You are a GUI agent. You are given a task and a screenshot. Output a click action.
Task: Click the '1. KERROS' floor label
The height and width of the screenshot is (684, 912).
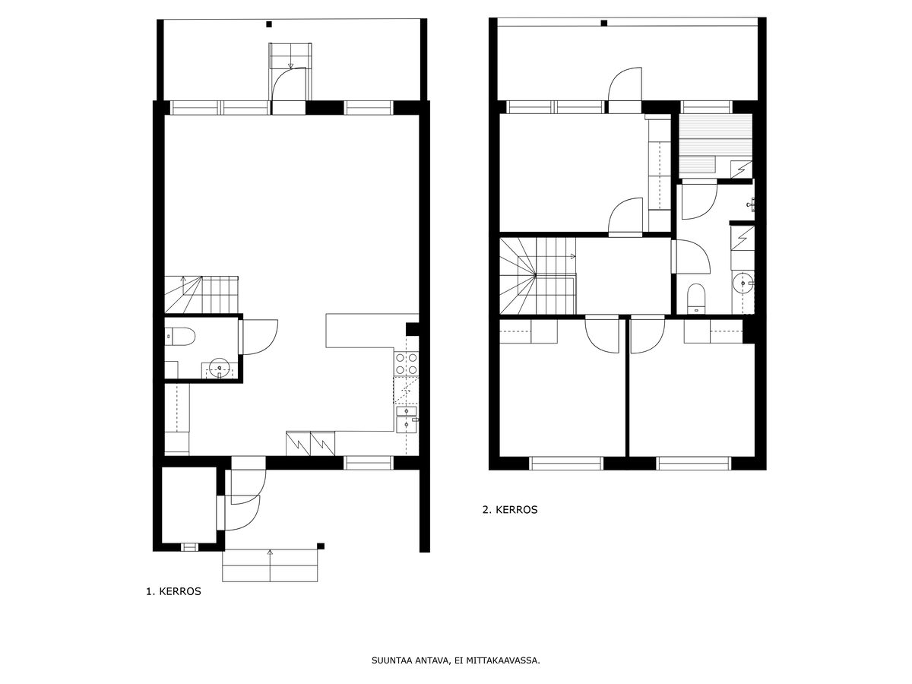[173, 591]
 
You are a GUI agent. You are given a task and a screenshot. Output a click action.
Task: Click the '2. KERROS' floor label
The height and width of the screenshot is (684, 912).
[510, 509]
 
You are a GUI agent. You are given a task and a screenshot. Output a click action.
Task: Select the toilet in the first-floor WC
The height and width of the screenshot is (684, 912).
[180, 337]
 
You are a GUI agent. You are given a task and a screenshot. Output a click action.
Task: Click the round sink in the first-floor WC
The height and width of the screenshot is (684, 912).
[219, 368]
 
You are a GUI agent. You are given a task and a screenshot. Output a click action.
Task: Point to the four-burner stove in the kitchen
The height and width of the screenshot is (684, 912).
[407, 363]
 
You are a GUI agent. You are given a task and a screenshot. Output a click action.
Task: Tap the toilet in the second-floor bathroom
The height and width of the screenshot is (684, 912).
[696, 299]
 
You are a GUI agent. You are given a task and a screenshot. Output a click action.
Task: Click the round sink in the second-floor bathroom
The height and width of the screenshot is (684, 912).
[743, 283]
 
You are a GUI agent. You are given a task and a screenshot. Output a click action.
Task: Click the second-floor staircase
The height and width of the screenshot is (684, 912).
[537, 276]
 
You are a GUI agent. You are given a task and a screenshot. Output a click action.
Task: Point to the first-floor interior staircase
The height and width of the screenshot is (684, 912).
[201, 294]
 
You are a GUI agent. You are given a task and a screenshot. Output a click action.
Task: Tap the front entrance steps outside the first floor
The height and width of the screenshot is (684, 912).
[270, 565]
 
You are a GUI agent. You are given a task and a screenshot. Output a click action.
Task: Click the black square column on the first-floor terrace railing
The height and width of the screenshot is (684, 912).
[269, 24]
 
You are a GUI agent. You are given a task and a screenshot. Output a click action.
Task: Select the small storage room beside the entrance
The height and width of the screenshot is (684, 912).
[189, 505]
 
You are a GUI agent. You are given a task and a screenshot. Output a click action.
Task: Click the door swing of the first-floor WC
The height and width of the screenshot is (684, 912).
[261, 337]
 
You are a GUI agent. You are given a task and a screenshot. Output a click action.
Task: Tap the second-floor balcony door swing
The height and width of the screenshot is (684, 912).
[625, 84]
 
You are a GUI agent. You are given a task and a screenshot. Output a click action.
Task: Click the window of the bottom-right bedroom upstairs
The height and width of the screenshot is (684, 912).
[693, 464]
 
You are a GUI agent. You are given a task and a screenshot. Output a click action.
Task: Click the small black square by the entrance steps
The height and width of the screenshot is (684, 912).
[321, 546]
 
